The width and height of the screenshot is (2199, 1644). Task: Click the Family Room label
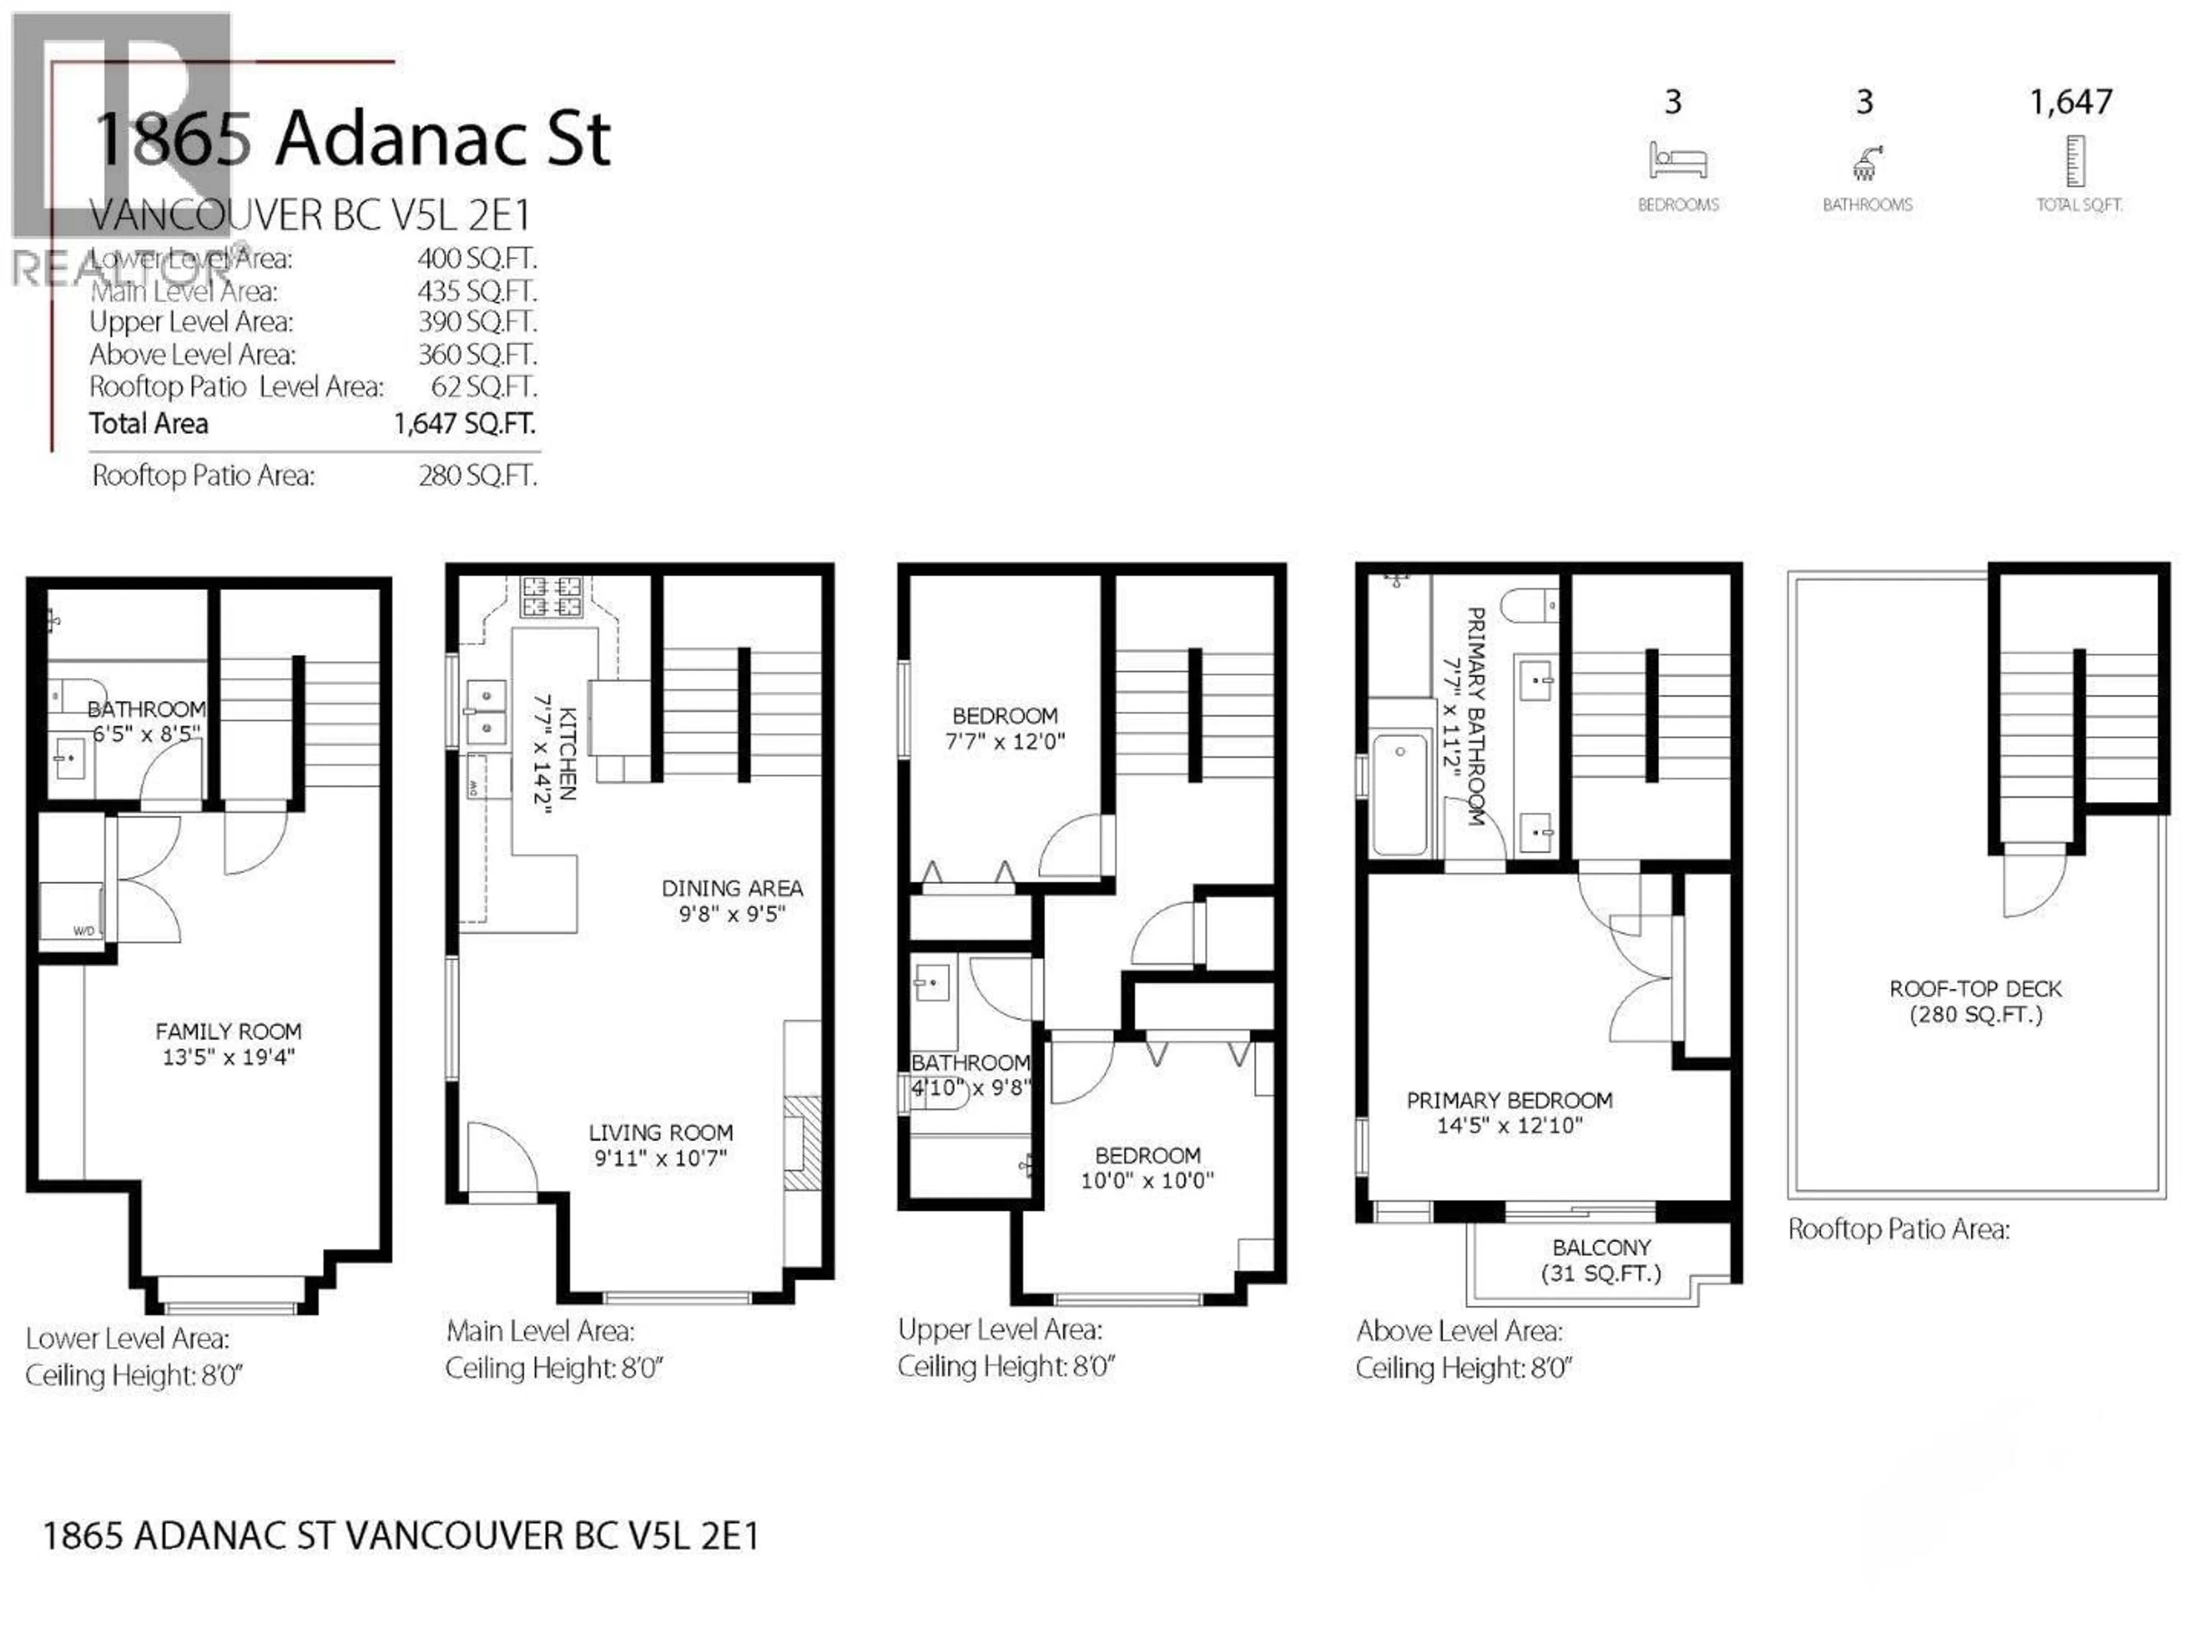click(x=228, y=1032)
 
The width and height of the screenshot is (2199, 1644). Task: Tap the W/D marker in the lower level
click(x=84, y=931)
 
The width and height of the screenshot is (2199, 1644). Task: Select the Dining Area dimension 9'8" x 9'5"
click(x=732, y=914)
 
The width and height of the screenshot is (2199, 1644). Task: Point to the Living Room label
click(x=660, y=1132)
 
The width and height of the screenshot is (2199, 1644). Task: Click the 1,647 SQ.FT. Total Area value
click(x=464, y=424)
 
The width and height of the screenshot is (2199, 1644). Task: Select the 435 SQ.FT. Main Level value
click(x=476, y=291)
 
